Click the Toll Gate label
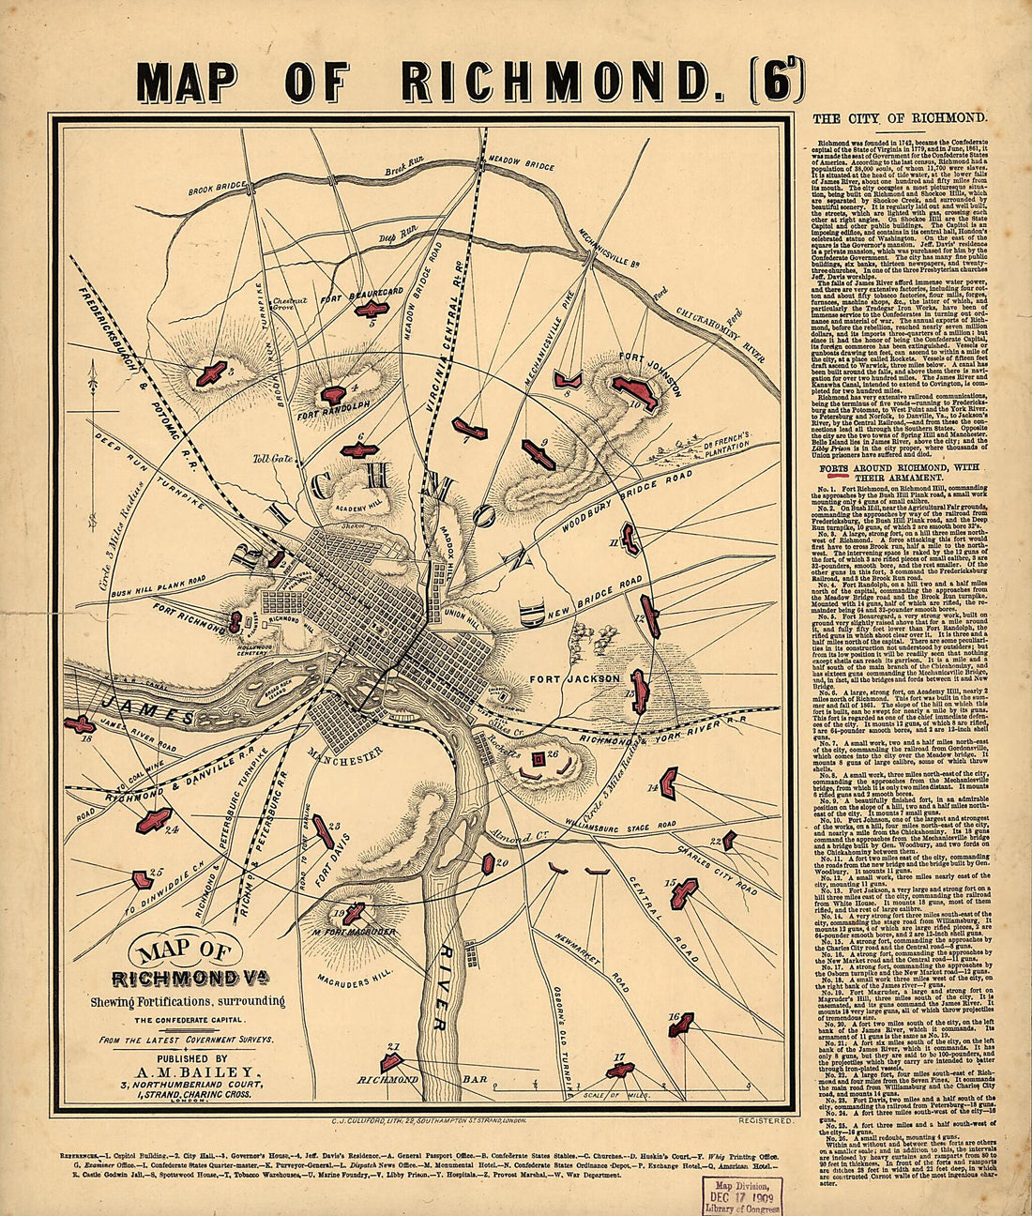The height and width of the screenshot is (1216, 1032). [269, 459]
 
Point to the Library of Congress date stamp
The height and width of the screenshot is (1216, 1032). [736, 1192]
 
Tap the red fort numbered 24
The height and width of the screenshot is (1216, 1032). [153, 819]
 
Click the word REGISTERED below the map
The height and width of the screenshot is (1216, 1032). [766, 1120]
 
